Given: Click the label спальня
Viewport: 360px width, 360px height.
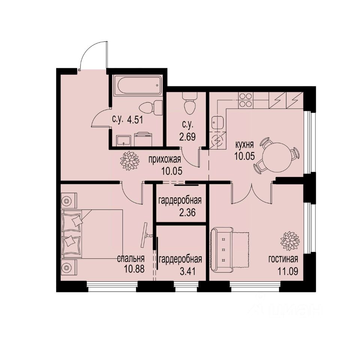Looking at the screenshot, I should (131, 259).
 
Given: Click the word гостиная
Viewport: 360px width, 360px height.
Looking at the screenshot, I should (283, 259).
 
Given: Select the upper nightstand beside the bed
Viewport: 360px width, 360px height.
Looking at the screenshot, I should (67, 201).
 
